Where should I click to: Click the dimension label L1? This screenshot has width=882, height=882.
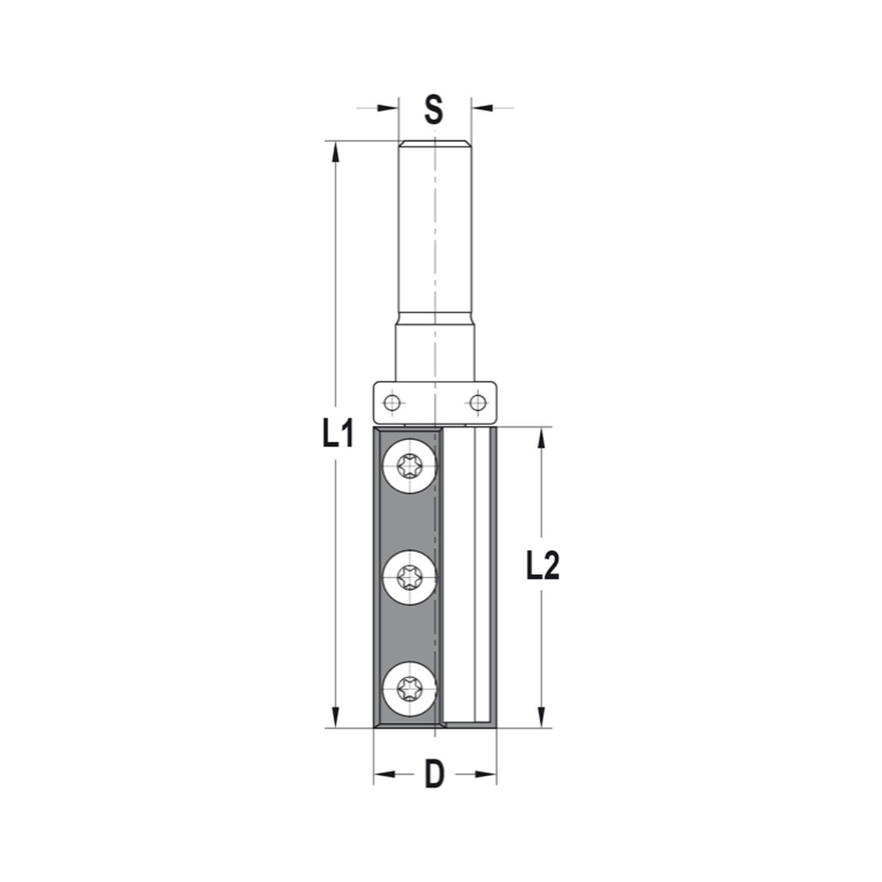pos(337,433)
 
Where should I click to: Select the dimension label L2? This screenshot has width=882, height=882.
pos(542,566)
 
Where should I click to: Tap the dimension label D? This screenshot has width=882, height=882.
pos(434,775)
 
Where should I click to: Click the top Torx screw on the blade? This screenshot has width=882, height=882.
pos(411,465)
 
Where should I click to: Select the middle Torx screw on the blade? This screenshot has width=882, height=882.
pos(411,578)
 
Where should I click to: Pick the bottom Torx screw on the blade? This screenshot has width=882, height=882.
pos(411,685)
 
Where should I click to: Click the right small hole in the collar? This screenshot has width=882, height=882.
pos(477,404)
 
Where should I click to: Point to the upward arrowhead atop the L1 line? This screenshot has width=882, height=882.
pos(335,152)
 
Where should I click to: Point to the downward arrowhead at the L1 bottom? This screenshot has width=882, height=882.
pos(335,717)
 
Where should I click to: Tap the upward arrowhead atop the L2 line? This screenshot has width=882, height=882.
pos(541,439)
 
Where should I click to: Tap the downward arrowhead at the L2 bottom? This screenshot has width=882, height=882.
pos(541,717)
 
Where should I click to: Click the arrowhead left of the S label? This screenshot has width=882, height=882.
pos(387,108)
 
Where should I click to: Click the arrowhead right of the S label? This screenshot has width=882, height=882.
pos(482,108)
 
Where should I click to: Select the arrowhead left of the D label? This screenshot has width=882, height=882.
pos(385,775)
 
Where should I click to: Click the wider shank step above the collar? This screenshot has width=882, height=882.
pos(436,348)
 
